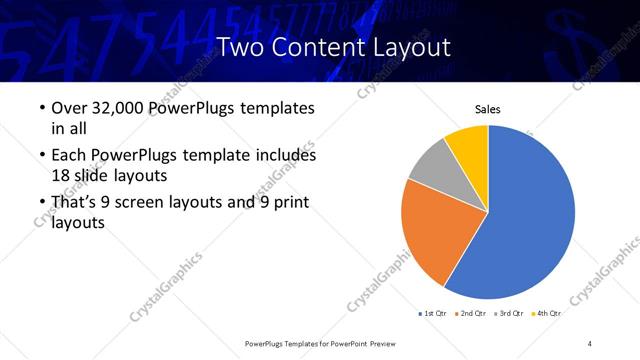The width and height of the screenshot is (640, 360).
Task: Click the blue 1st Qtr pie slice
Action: [x=530, y=220]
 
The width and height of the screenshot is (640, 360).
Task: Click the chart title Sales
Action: [x=487, y=110]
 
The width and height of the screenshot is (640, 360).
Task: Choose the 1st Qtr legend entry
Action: [x=432, y=314]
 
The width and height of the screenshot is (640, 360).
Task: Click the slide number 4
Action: [x=590, y=343]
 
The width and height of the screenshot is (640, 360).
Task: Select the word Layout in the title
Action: [x=412, y=47]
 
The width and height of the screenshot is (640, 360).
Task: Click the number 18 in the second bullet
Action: [x=62, y=174]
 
